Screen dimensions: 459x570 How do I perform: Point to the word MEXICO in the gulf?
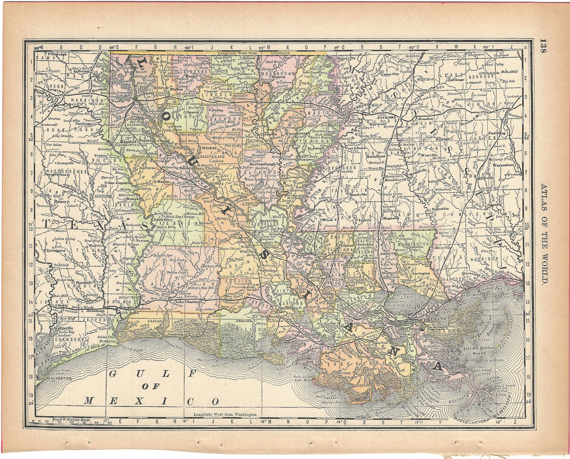pyautogui.click(x=152, y=401)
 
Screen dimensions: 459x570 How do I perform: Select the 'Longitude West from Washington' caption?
pyautogui.click(x=225, y=415)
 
